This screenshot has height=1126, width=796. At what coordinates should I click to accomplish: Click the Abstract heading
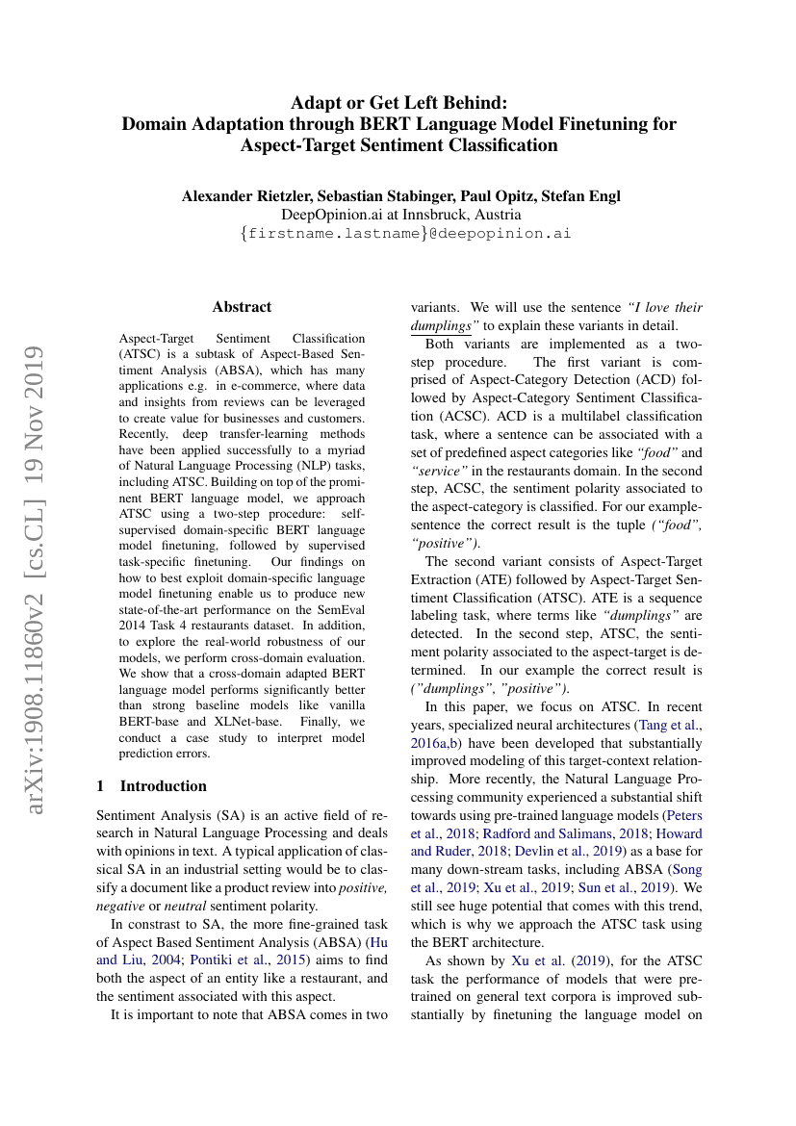tap(242, 307)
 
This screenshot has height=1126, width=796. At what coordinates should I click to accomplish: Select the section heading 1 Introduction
tap(152, 785)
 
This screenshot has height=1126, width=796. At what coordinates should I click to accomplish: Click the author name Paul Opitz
tap(492, 195)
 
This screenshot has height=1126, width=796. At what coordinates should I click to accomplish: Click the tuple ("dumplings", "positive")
tap(488, 687)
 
